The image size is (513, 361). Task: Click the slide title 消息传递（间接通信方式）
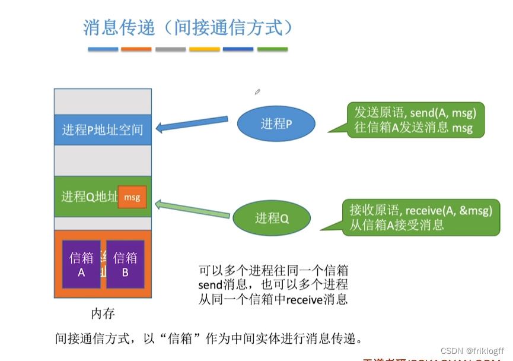click(x=188, y=27)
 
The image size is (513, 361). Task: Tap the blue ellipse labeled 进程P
click(x=276, y=123)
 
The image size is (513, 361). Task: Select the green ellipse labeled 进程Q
click(x=271, y=218)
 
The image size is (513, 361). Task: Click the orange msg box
click(x=132, y=197)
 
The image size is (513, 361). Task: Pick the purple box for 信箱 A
click(x=81, y=264)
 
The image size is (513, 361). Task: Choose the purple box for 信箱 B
click(x=125, y=264)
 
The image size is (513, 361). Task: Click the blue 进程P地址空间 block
click(x=103, y=129)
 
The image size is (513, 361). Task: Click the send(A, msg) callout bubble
click(x=415, y=119)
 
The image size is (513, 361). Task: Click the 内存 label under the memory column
click(x=103, y=313)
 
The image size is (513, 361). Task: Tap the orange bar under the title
click(x=136, y=49)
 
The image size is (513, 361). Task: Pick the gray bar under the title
click(x=171, y=49)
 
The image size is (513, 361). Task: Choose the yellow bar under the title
click(x=205, y=49)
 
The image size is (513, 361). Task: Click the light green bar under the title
click(x=272, y=49)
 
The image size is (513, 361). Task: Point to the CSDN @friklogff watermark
click(x=472, y=351)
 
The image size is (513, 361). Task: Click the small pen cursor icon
click(x=257, y=91)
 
